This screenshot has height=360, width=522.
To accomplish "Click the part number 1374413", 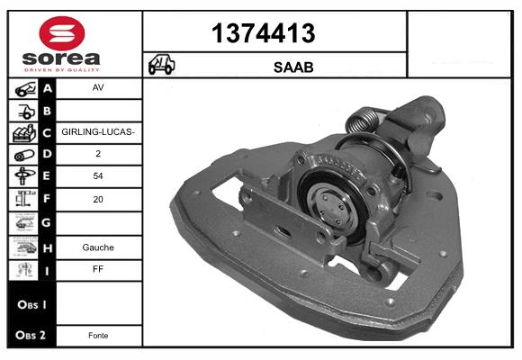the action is click(263, 33).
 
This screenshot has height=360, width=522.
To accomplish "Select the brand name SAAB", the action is click(293, 67).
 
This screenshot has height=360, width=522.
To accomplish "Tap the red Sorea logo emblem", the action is click(62, 33).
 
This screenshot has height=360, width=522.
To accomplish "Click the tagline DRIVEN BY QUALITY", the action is click(62, 70).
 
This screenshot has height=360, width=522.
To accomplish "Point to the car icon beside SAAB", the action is click(161, 64).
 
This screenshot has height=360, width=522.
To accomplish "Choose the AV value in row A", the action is click(98, 87).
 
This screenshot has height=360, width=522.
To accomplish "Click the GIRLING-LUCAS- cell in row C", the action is click(98, 132).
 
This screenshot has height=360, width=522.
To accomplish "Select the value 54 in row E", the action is click(98, 175).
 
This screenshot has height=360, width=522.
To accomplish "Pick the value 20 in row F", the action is click(98, 199).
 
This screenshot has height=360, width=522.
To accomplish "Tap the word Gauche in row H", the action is click(98, 247).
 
